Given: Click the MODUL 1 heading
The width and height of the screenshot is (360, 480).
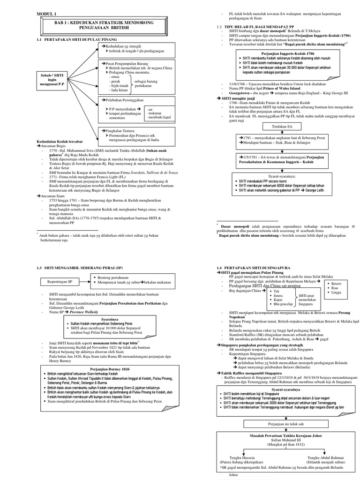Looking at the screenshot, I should pyautogui.click(x=45, y=15).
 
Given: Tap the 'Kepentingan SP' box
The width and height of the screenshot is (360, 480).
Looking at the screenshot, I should pyautogui.click(x=61, y=283).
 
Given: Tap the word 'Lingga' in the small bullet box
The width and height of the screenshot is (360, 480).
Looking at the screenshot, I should pyautogui.click(x=336, y=293).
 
